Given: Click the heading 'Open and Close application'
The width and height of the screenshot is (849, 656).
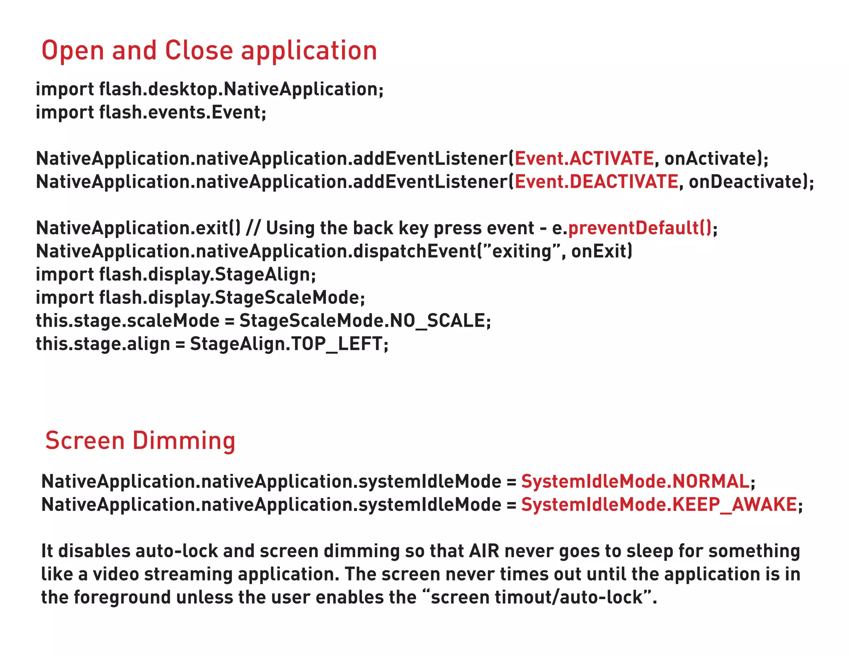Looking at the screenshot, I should (x=209, y=51).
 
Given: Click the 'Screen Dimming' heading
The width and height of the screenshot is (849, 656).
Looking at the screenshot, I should (x=140, y=440).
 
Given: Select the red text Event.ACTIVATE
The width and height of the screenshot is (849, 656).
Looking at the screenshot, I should (x=584, y=159).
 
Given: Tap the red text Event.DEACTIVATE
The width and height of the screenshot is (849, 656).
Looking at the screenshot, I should (x=596, y=182).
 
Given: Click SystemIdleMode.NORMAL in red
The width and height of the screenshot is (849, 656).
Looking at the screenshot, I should (x=635, y=482).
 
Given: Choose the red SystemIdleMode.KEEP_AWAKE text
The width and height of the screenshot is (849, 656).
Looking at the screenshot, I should (x=659, y=505).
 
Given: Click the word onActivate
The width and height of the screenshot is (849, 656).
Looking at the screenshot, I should (x=711, y=159).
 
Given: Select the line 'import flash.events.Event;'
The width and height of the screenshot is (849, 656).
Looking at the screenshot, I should (x=151, y=113).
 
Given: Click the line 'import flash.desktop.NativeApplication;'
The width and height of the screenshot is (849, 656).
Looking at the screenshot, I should (x=210, y=90).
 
